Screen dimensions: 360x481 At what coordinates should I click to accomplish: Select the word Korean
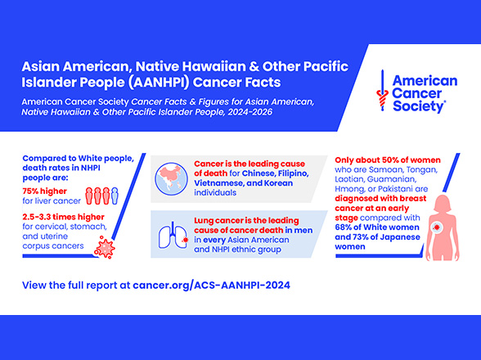click(x=276, y=183)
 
